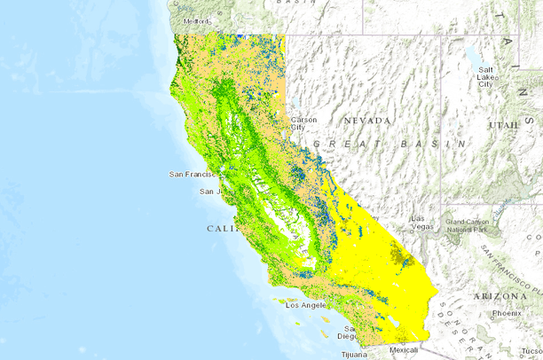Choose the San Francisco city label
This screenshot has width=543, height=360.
tap(193, 175)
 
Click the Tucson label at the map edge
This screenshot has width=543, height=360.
tap(532, 354)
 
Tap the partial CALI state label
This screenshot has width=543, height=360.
tap(222, 229)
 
